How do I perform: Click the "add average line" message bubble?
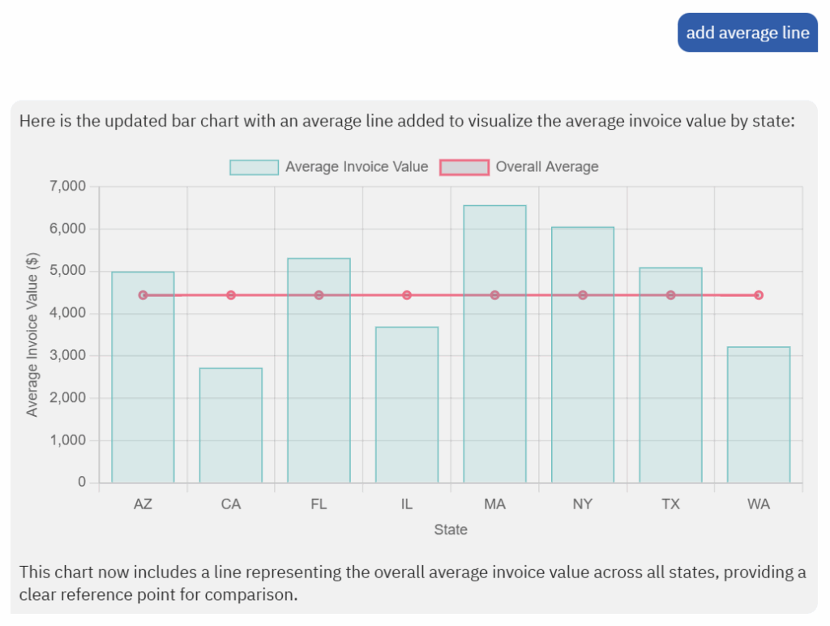[x=747, y=32]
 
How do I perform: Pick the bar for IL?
[x=407, y=405]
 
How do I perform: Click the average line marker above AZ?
[x=143, y=295]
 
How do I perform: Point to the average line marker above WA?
[x=759, y=295]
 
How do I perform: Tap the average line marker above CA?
[x=231, y=295]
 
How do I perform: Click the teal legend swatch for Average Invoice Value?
[x=254, y=167]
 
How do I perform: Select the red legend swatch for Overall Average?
[x=464, y=167]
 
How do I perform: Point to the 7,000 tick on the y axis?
[x=68, y=187]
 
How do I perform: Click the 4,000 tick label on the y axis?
[x=68, y=314]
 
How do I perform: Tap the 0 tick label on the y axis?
[x=82, y=482]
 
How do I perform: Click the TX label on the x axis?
[x=670, y=504]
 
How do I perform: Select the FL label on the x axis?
[x=319, y=504]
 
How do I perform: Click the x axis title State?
[x=451, y=530]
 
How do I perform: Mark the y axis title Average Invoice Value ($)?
[x=32, y=334]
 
